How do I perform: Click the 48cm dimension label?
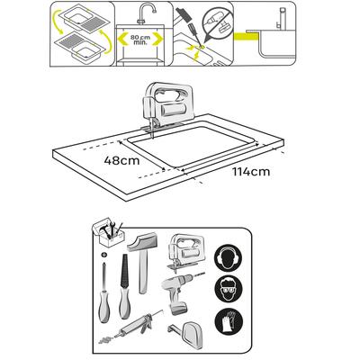[x=121, y=160]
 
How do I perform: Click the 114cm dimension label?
[x=251, y=172]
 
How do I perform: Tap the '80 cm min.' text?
[x=139, y=40]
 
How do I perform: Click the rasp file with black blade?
[x=124, y=286]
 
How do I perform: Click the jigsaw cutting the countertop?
[x=166, y=106]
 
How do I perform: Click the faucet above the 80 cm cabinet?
[x=147, y=13]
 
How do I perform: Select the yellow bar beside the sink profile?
[x=246, y=36]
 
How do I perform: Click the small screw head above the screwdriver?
[x=104, y=255]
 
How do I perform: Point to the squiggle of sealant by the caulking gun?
[x=106, y=340]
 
